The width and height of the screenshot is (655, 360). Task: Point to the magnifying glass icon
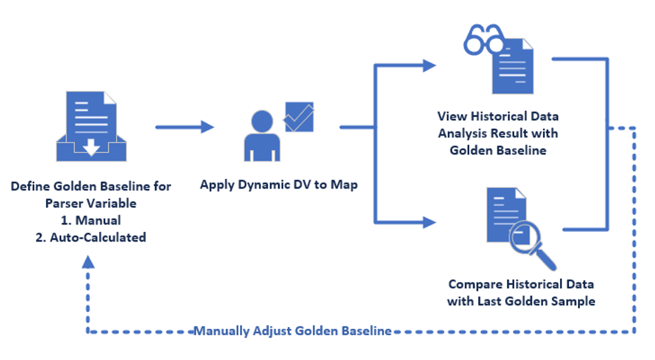point(532,245)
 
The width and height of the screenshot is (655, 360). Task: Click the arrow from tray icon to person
point(185,127)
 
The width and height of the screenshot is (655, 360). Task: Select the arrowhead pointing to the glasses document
point(429,65)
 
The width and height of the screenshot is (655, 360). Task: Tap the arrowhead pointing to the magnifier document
point(429,222)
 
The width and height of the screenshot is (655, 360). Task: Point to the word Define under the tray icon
point(31,186)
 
